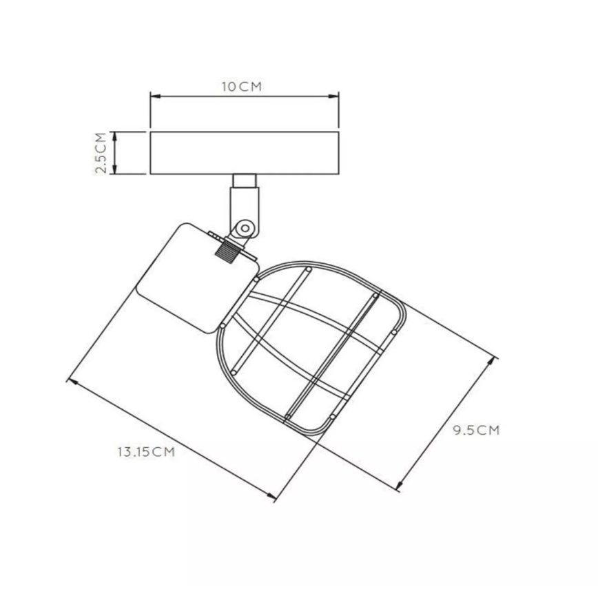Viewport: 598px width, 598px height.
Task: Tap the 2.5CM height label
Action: coord(101,152)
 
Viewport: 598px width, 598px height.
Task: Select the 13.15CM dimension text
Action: coord(145,452)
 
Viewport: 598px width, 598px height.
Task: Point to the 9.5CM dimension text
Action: coord(475,431)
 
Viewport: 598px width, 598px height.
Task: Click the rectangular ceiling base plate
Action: coord(245,152)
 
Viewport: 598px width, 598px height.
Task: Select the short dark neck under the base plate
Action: coord(245,181)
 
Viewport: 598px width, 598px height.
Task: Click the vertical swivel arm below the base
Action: coord(245,207)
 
